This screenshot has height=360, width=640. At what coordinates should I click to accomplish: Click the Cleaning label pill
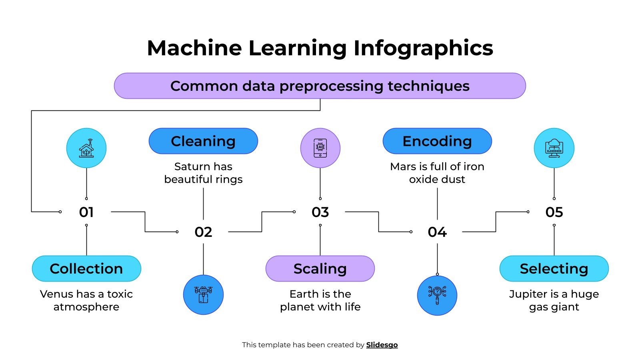[x=203, y=141]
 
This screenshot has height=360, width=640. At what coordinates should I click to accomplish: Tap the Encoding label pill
[x=437, y=141]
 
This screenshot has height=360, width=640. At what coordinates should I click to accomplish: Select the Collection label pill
[x=86, y=268]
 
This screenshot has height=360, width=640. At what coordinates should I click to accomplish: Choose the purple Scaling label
[x=320, y=268]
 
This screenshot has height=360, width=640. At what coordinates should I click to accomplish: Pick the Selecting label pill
[x=554, y=268]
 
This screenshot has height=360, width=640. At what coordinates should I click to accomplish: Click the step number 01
[x=86, y=212]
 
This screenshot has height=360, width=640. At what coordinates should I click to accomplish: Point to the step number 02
[x=203, y=232]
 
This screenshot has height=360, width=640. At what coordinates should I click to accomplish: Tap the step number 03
[x=320, y=212]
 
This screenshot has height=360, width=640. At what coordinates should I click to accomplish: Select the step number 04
[x=437, y=232]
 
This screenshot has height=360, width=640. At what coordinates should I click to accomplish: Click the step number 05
[x=554, y=212]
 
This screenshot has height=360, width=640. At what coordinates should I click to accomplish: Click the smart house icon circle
[x=86, y=148]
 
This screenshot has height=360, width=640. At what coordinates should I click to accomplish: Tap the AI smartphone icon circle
[x=320, y=148]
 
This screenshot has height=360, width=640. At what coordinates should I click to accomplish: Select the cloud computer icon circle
[x=554, y=148]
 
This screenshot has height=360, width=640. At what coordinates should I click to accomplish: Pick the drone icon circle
[x=203, y=295]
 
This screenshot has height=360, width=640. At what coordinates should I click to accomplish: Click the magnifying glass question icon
[x=437, y=295]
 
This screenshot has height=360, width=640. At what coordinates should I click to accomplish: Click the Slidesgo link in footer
[x=382, y=345]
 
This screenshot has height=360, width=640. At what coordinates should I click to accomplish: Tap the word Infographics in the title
[x=423, y=48]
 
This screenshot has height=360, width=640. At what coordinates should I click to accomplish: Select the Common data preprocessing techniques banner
[x=320, y=86]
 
